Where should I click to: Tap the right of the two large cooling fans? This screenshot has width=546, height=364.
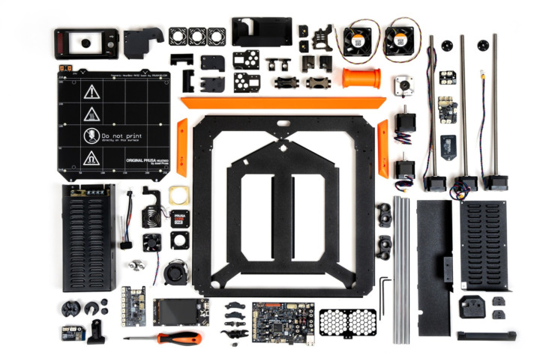(x=399, y=42)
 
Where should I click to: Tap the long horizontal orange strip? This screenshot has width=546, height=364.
(x=282, y=103)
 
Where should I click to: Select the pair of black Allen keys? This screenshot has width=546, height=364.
(x=385, y=296)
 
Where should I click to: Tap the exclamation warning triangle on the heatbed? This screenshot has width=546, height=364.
(x=91, y=92)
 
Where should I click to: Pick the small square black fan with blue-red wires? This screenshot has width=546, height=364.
(x=152, y=243)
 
